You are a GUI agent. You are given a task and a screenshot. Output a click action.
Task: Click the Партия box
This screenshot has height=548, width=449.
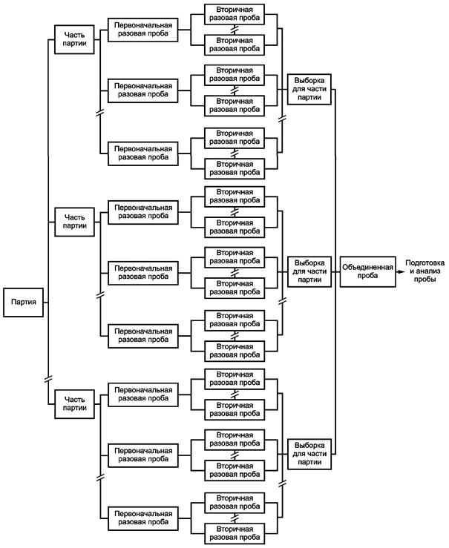point(24,303)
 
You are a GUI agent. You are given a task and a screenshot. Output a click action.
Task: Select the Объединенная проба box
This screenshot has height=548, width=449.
point(368,271)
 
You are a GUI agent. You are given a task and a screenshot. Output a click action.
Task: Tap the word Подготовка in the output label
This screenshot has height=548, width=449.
point(425,263)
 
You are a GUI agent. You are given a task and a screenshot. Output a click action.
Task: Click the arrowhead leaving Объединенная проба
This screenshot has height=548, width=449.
point(401,271)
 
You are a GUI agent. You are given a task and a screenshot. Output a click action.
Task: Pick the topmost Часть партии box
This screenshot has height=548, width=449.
point(74,39)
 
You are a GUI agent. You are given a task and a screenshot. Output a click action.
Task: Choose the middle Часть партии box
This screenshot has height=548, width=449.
point(74,222)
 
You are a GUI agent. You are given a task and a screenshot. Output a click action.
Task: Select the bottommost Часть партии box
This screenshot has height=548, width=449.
point(74,404)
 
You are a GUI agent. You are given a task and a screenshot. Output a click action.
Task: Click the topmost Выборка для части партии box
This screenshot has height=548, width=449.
point(309,89)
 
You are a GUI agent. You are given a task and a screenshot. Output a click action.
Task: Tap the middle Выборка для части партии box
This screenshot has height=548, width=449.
point(309,271)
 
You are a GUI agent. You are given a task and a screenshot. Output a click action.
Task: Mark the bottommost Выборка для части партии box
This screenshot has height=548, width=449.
point(309,454)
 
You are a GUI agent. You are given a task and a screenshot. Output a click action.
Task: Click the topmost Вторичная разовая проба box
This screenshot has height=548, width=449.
point(235,14)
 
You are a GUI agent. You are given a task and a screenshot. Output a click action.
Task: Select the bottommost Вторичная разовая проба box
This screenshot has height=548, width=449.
point(235,533)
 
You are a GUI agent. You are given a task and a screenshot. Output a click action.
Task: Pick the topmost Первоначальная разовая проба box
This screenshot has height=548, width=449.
point(143,30)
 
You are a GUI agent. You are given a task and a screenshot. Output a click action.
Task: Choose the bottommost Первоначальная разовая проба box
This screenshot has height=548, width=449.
point(143,518)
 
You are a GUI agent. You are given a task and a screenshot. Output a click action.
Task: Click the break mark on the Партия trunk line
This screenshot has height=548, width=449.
point(48,378)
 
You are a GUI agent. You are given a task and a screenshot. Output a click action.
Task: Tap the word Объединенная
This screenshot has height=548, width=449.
point(368,268)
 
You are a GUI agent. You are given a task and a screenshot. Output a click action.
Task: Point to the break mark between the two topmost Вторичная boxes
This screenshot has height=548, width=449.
point(235,30)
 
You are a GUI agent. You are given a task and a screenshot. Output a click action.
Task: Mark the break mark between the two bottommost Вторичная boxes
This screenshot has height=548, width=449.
point(235,518)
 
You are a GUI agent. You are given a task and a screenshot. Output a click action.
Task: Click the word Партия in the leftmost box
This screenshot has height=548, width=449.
point(24,302)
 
